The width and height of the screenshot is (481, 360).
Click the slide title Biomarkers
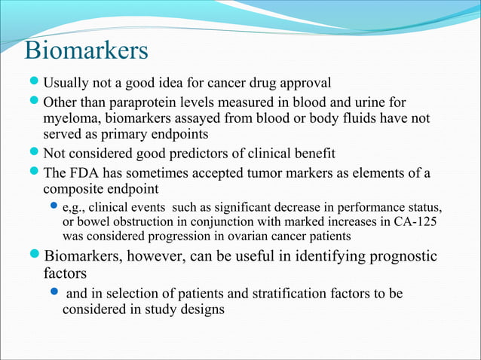(x=86, y=51)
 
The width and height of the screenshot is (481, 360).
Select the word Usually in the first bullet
(x=66, y=82)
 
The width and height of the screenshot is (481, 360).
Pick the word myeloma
(x=71, y=117)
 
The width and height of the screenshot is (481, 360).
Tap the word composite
(x=72, y=190)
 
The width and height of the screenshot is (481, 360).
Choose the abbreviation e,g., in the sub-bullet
(x=78, y=207)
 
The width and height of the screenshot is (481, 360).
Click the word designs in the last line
(x=204, y=310)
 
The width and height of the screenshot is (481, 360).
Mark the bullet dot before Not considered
(x=34, y=154)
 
